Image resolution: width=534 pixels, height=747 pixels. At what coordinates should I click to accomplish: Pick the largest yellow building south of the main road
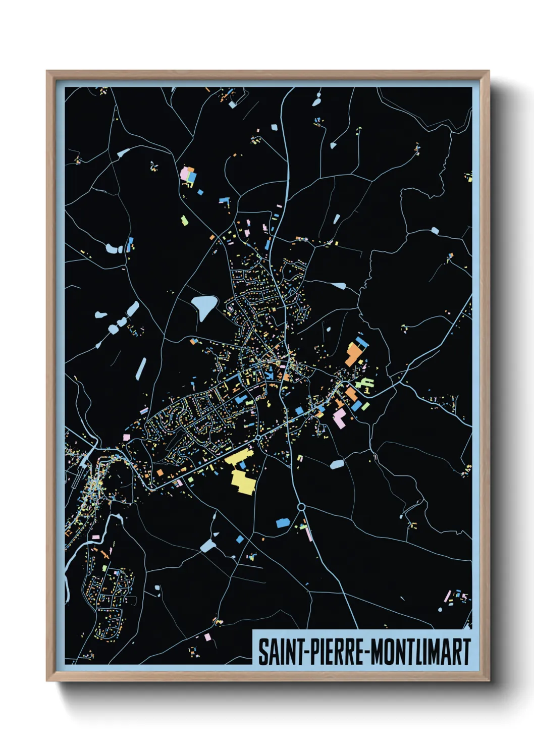243,481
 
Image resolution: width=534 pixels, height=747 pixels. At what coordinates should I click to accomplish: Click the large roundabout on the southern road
301,507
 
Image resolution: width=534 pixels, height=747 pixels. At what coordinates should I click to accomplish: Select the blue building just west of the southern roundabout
282,522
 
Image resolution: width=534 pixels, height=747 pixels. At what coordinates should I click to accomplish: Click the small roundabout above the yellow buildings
258,438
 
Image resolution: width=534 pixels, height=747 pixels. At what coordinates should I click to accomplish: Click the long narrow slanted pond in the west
141,368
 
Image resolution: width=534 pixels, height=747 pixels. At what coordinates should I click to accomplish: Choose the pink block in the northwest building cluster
185,173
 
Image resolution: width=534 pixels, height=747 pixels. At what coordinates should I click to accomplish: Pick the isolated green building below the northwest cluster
185,220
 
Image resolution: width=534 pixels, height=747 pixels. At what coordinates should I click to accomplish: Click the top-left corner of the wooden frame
47,71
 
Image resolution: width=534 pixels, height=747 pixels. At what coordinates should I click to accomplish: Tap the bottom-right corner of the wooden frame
489,680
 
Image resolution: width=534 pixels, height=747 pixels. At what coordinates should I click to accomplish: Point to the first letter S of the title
263,652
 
